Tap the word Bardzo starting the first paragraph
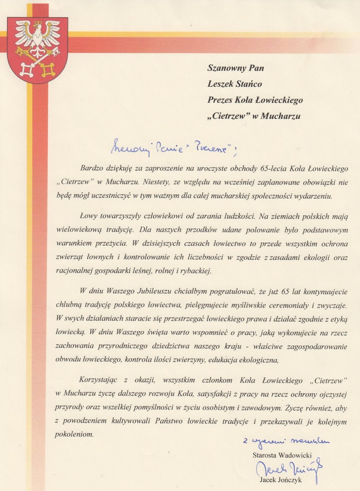91,168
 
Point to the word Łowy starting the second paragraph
89,215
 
